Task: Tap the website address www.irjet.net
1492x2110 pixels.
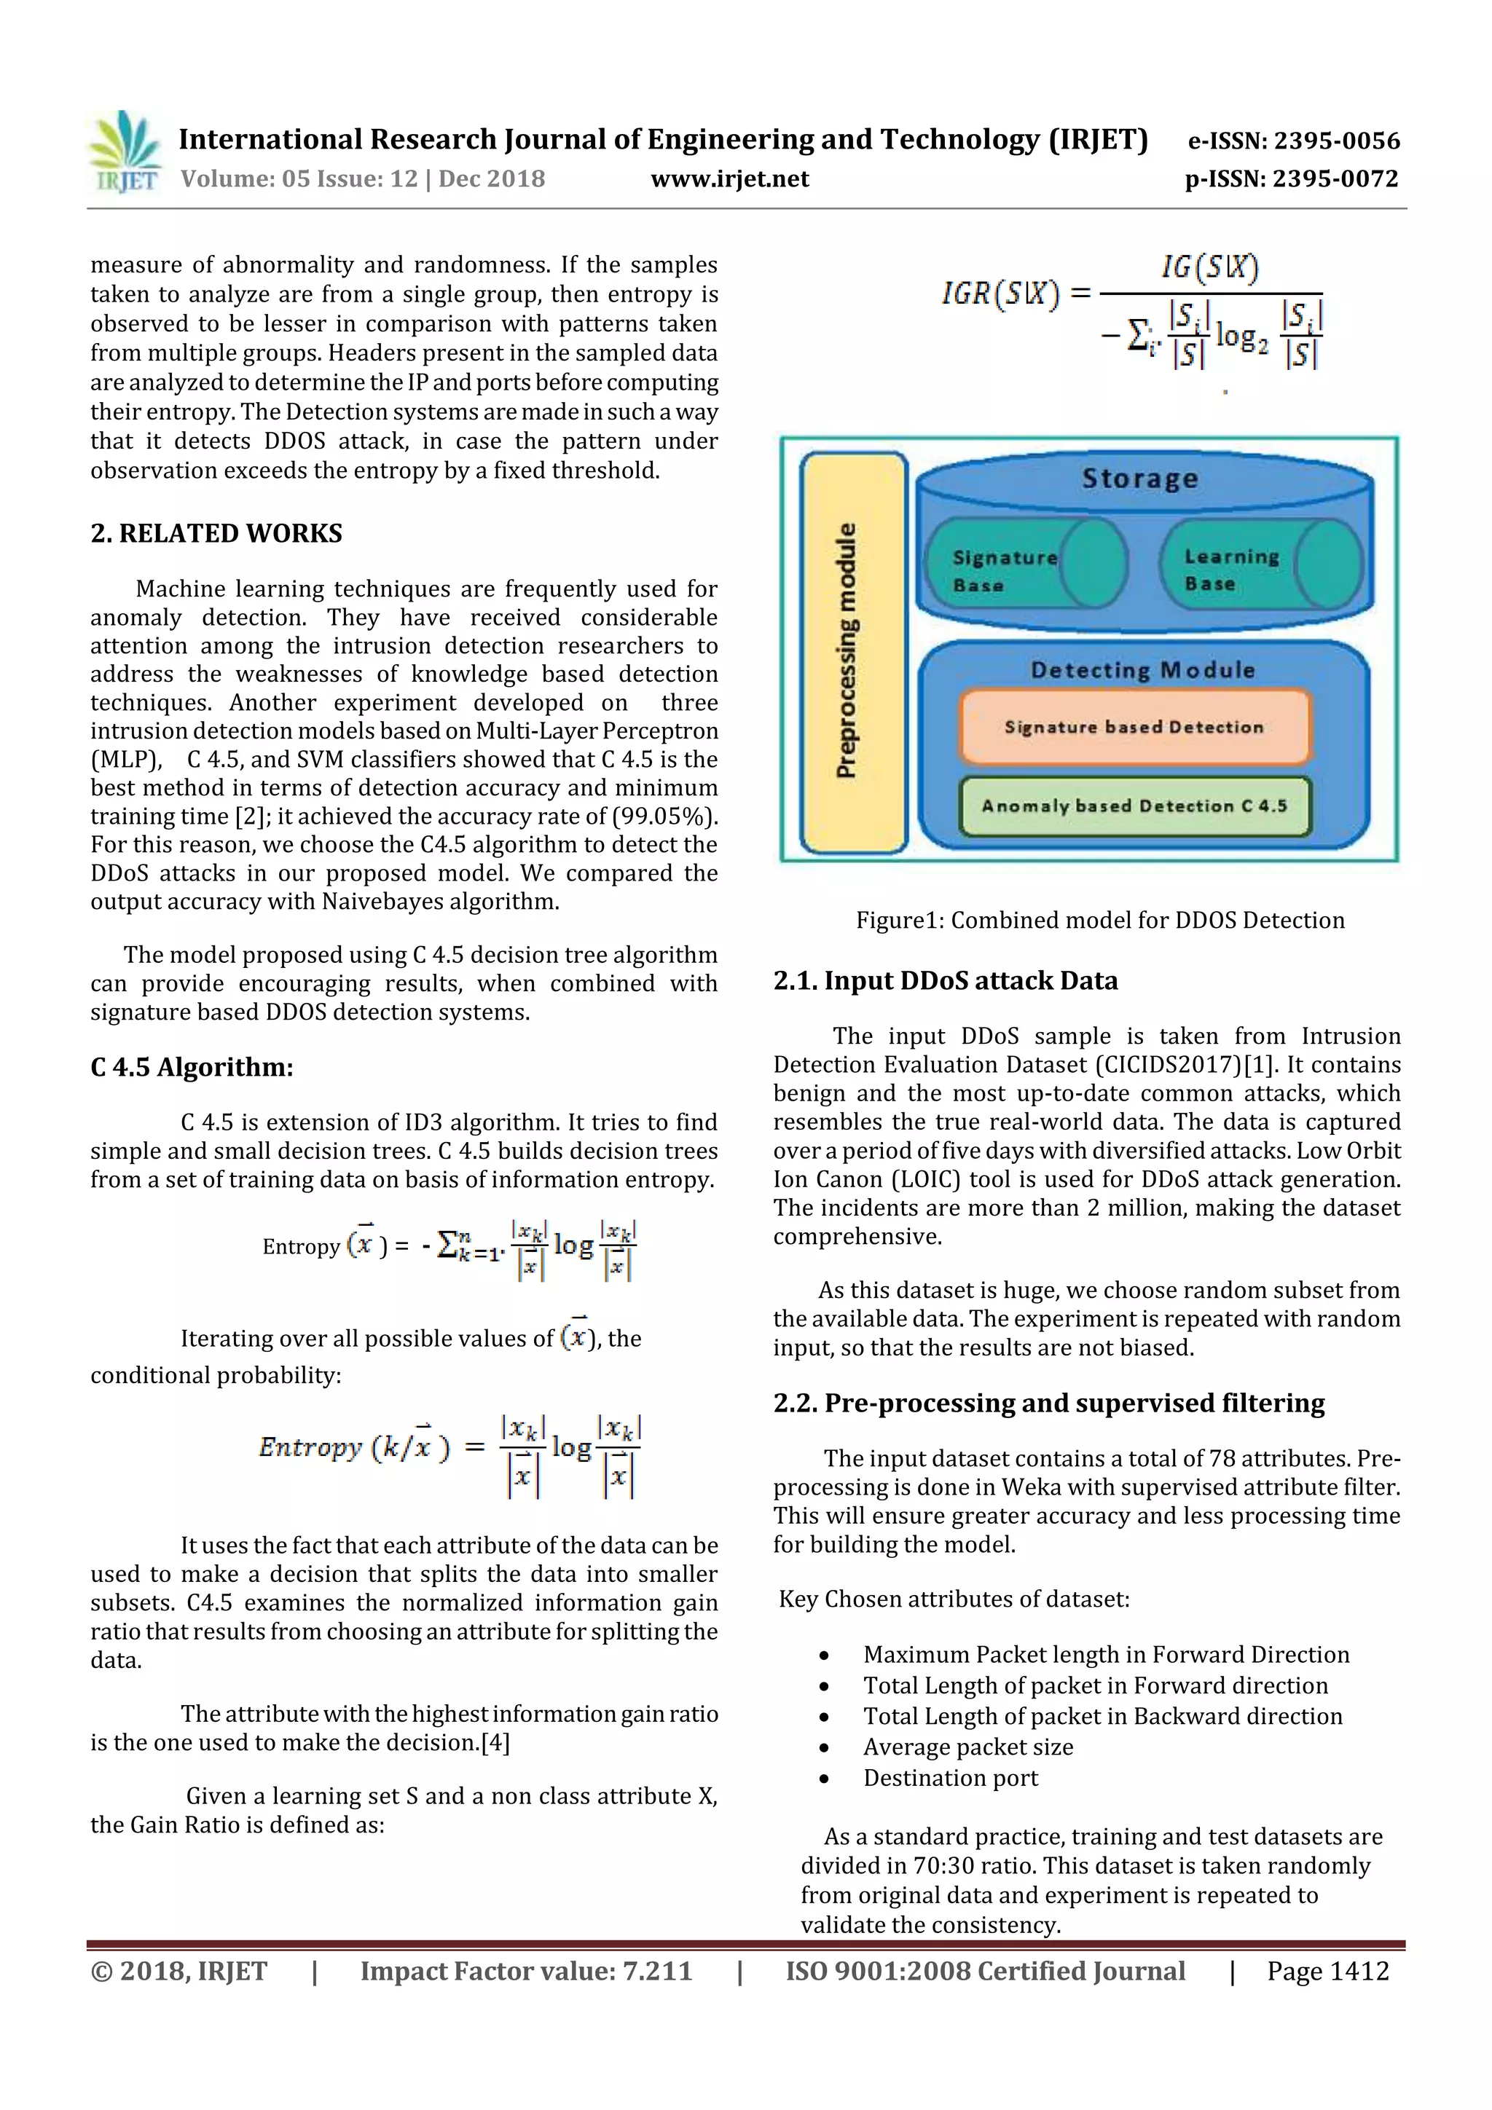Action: (x=730, y=178)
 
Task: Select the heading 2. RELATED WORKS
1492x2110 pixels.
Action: (x=216, y=533)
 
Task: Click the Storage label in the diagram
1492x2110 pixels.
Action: (x=1140, y=479)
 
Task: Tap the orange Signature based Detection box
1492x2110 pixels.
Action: (x=1134, y=727)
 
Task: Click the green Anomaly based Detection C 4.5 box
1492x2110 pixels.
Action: (x=1134, y=806)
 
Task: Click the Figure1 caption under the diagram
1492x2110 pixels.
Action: (x=1099, y=920)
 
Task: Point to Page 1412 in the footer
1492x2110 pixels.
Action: (x=1327, y=1970)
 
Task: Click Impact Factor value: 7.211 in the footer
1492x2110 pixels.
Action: (x=526, y=1970)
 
